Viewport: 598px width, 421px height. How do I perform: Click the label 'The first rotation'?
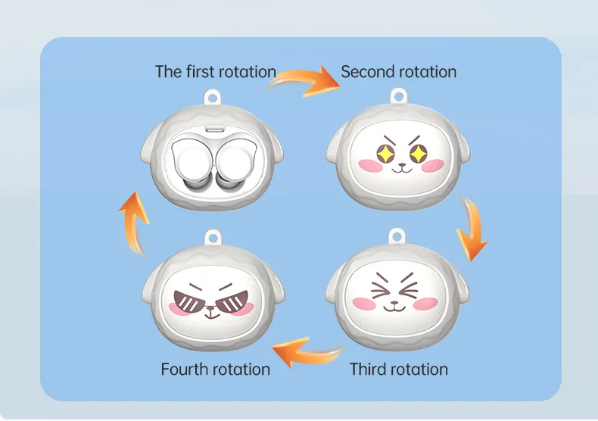click(x=216, y=72)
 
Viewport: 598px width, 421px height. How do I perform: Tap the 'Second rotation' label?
click(x=398, y=72)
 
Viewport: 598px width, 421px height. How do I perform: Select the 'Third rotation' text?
click(x=399, y=370)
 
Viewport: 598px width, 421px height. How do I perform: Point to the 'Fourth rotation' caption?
click(x=216, y=370)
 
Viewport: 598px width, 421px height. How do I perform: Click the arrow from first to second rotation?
click(x=305, y=81)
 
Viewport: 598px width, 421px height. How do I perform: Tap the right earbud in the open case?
click(x=235, y=164)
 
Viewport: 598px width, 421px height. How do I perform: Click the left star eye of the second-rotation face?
click(x=385, y=153)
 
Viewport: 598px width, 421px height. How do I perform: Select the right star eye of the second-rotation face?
click(x=419, y=153)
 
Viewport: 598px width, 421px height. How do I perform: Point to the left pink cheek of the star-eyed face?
click(x=371, y=165)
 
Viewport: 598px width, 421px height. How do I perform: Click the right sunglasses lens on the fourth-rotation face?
click(x=232, y=301)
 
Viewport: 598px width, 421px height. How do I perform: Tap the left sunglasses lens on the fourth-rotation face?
click(x=189, y=301)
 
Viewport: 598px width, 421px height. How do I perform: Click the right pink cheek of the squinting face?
click(x=425, y=304)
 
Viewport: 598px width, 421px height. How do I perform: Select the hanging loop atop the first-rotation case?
click(x=212, y=98)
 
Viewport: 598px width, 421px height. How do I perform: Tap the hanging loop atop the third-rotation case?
click(x=397, y=236)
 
